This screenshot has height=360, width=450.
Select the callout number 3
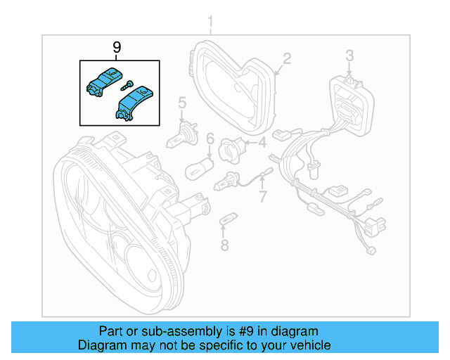pyautogui.click(x=349, y=55)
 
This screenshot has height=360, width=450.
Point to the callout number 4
pyautogui.click(x=262, y=143)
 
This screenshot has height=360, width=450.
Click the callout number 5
pyautogui.click(x=181, y=105)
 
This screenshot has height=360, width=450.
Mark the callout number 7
pyautogui.click(x=263, y=196)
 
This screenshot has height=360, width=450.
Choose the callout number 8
pyautogui.click(x=224, y=245)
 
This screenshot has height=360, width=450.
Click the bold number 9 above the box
pyautogui.click(x=117, y=47)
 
